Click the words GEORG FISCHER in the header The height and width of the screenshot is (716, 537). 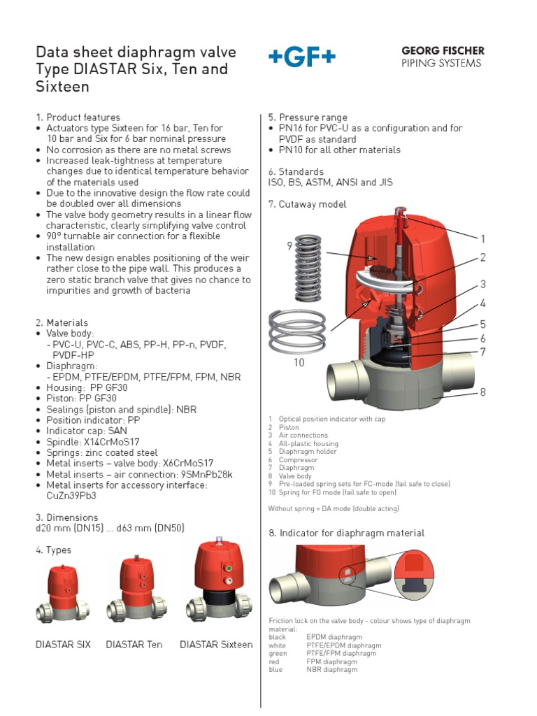point(442,51)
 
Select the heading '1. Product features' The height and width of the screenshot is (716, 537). point(78,117)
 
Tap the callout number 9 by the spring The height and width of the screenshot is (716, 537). point(289,245)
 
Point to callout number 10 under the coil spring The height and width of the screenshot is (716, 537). point(299,363)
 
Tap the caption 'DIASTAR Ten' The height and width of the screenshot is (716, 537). point(134,644)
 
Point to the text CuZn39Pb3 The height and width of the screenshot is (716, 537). point(71,496)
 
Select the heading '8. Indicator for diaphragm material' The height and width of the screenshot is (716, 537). point(346,533)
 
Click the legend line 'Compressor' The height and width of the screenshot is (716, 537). point(299,460)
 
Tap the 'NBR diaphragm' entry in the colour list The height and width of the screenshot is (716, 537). point(331,669)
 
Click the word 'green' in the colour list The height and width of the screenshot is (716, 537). point(278,653)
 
